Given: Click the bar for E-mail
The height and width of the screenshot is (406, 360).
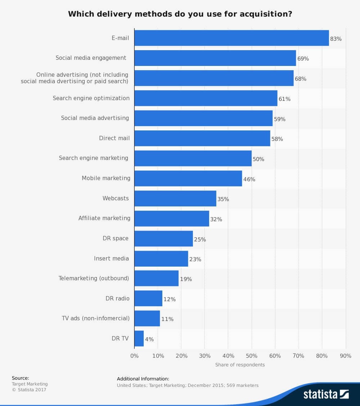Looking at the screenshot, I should pos(231,38).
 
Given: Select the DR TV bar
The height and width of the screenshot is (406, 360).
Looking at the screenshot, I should pos(139,339).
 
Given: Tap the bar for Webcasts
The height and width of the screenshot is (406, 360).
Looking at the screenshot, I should pos(175,198).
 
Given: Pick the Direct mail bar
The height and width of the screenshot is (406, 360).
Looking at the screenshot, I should pos(202,138).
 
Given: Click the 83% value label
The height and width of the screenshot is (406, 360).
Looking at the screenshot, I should pos(336,39).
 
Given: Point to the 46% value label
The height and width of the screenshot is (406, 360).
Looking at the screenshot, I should pos(249,179).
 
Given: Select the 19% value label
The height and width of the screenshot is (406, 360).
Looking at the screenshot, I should pos(186,279).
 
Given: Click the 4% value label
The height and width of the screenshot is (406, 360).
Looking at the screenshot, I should pos(149,339).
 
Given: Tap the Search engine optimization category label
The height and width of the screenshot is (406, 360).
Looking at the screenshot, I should pos(91,98).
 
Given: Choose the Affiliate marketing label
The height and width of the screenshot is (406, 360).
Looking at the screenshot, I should pos(104,218).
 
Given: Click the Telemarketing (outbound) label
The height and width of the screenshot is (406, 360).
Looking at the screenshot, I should pos(94,278).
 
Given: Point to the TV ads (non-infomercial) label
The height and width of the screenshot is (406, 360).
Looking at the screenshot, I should pos(96,318).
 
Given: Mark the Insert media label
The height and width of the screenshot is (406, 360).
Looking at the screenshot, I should pos(111,258).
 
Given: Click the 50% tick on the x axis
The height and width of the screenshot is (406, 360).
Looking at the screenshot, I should pos(252,356).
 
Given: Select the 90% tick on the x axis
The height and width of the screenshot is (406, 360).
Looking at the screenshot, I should pos(346,356).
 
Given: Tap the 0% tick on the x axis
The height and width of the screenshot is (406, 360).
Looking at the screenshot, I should pos(134,356).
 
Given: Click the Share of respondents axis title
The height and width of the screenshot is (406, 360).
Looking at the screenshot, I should pos(240,365).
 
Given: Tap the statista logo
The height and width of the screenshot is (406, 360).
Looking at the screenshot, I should pos(326,394).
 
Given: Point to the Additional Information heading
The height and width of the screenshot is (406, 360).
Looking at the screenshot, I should pos(143,379).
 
